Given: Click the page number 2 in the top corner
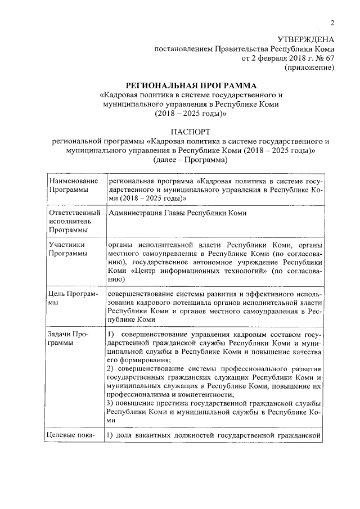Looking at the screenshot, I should [332, 23].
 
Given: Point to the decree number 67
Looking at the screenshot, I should [330, 58].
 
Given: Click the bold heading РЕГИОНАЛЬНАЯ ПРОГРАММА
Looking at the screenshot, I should [191, 85].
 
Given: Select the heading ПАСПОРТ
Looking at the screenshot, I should [190, 132].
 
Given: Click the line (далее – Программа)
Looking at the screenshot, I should [190, 160].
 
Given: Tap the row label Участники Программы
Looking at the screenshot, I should [67, 249].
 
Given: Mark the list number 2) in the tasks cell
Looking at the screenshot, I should [110, 368].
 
